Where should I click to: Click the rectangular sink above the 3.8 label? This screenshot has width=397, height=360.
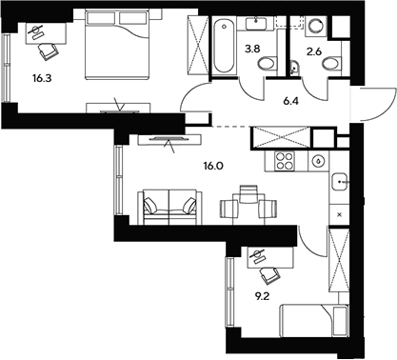(x=255, y=23)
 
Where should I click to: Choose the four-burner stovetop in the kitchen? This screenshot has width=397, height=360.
(x=283, y=160)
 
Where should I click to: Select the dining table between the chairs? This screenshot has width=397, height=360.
(x=247, y=200)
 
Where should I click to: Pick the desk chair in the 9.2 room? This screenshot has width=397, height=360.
(x=269, y=276)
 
